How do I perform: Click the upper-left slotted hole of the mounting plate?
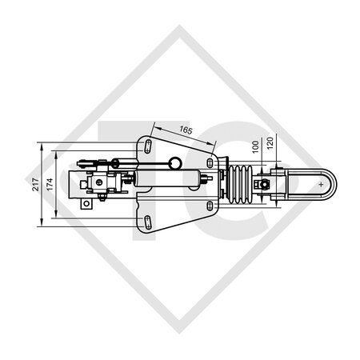(x=149, y=145)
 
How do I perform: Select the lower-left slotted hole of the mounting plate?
(x=149, y=222)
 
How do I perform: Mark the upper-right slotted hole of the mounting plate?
(x=210, y=162)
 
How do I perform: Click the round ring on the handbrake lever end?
(x=170, y=162)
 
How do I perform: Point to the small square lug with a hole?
(x=84, y=205)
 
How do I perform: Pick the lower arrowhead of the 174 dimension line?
(x=55, y=216)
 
